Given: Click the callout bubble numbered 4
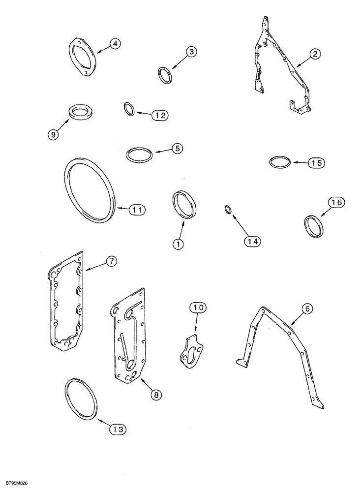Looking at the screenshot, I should [114, 44].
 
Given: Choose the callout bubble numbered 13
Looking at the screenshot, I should [118, 429].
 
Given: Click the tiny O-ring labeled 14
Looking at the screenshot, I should [227, 210].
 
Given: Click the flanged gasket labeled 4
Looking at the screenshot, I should [82, 57].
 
